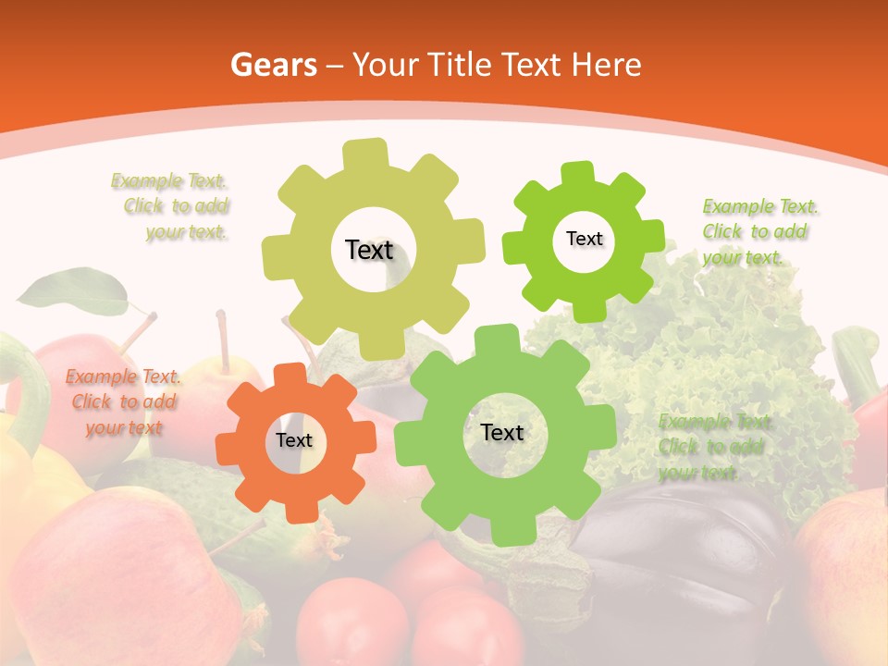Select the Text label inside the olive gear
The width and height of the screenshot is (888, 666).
(369, 250)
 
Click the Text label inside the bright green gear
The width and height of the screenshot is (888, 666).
(584, 239)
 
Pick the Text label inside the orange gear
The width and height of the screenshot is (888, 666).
(294, 441)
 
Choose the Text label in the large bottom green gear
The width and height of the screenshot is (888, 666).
(502, 432)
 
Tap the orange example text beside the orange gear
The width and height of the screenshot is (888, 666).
(123, 401)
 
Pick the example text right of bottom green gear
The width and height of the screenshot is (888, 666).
(712, 447)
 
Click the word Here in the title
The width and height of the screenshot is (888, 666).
(606, 65)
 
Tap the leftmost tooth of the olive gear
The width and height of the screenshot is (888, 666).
(277, 254)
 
